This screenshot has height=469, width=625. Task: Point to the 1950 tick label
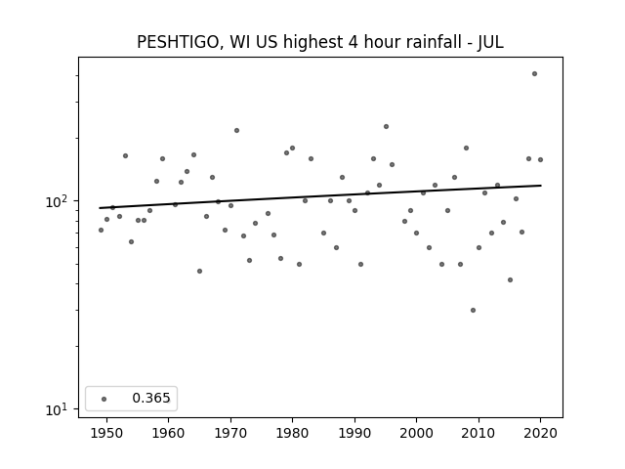(x=106, y=433)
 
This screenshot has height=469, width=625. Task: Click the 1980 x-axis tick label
(x=292, y=433)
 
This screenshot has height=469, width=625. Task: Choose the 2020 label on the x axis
(x=540, y=433)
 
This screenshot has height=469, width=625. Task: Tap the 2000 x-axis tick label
(x=416, y=433)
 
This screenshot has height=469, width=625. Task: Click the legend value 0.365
(x=151, y=398)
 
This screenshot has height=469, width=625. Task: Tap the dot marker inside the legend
(x=104, y=399)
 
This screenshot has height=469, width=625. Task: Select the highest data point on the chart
(x=534, y=74)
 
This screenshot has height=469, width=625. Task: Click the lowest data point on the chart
(x=473, y=311)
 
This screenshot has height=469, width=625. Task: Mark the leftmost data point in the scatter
(x=101, y=231)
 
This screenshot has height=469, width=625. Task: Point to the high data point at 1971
(x=236, y=130)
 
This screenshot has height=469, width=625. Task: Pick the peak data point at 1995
(x=386, y=126)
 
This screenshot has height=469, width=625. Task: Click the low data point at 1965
(x=199, y=272)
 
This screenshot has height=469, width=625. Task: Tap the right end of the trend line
(x=541, y=186)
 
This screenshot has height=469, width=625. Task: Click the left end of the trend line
(x=100, y=208)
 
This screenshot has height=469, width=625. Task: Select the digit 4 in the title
(x=353, y=42)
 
